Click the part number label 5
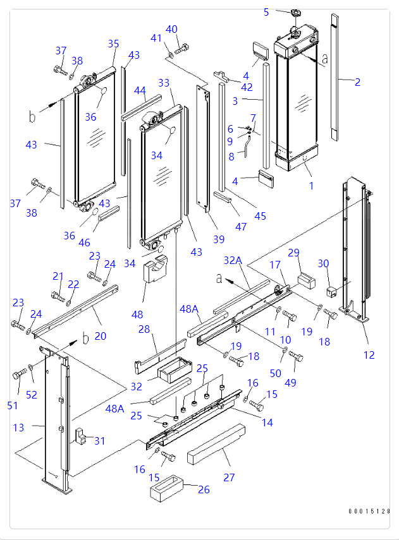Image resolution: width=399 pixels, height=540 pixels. coord(266,12)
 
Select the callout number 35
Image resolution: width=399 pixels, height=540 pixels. coord(113,44)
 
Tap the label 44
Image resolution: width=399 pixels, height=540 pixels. coord(140,90)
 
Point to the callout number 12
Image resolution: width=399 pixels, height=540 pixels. coord(369,355)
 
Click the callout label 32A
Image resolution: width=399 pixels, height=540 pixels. coord(233,260)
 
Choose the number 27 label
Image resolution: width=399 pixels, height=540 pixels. coord(229,477)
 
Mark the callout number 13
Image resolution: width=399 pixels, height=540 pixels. coord(18,428)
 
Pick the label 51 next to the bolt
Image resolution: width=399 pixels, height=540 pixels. coord(13,405)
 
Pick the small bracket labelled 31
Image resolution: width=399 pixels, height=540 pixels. coord(81,435)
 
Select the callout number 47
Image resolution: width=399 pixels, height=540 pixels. coord(241,226)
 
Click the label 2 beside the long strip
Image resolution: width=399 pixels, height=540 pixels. coord(357,81)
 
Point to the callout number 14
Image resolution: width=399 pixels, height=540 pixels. coord(267,423)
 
